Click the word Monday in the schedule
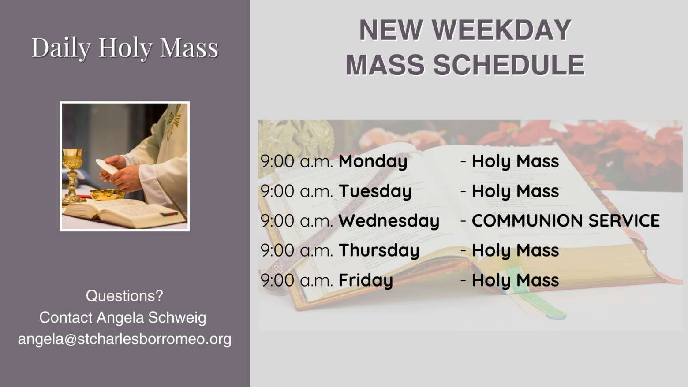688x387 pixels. point(373,161)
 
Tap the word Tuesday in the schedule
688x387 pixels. point(375,191)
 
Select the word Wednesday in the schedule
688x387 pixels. point(389,221)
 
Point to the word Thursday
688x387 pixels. point(379,250)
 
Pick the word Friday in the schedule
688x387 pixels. point(366,280)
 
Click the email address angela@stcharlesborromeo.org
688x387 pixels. point(125,339)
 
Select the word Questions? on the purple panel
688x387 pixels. point(124,296)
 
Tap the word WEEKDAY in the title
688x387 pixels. point(501,30)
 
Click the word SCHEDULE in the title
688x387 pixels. point(509,65)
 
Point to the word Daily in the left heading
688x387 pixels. point(61,48)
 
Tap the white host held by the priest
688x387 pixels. point(106,166)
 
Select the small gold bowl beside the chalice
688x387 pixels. point(107,194)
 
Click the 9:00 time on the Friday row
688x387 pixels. point(277,280)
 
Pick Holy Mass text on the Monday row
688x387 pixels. point(516,161)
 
